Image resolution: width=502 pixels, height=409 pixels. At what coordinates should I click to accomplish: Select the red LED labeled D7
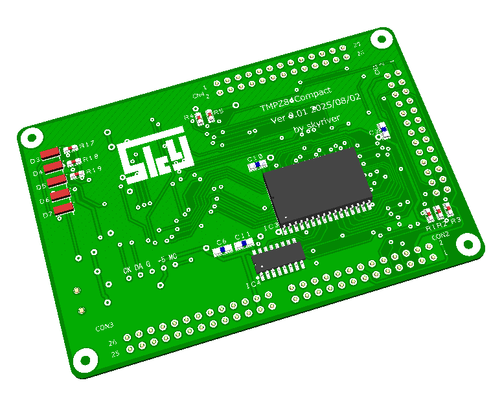pyautogui.click(x=63, y=208)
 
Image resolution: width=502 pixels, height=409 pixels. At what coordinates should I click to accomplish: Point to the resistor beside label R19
pyautogui.click(x=78, y=173)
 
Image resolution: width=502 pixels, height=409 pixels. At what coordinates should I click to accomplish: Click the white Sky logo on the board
pyautogui.click(x=155, y=159)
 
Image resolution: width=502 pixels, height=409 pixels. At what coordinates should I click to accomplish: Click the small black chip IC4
pyautogui.click(x=279, y=257)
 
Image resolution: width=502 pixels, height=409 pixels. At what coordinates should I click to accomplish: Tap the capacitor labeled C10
pyautogui.click(x=257, y=165)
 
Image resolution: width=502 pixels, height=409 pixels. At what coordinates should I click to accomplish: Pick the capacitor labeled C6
pyautogui.click(x=223, y=250)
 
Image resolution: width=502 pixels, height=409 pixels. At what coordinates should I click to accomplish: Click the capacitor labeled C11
pyautogui.click(x=244, y=245)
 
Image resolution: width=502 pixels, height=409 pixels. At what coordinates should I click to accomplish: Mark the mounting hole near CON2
pyautogui.click(x=466, y=244)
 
